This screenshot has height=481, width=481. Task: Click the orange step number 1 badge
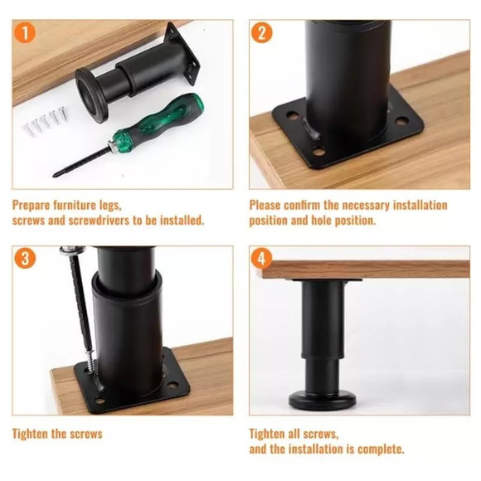(x=25, y=33)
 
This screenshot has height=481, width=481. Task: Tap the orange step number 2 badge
(x=262, y=33)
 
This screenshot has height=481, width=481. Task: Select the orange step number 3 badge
(x=25, y=258)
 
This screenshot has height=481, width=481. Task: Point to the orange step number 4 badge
(x=262, y=258)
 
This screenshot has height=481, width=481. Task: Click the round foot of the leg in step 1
(x=91, y=95)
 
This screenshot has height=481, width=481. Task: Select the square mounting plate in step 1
(x=182, y=53)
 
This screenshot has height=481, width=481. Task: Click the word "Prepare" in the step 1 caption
(x=32, y=205)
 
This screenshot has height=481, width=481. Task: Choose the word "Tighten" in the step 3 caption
(x=30, y=434)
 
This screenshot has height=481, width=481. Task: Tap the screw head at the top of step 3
(x=72, y=250)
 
